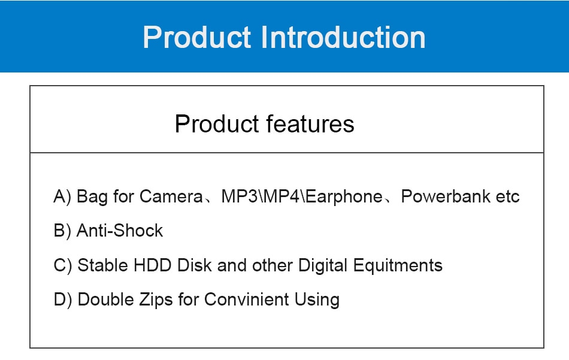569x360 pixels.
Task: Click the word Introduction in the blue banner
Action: pos(343,37)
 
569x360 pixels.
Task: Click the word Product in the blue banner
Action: pos(196,37)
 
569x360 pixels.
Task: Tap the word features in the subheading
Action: pos(310,124)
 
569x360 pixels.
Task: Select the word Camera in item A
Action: pos(171,196)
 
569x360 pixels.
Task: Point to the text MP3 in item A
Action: pos(240,196)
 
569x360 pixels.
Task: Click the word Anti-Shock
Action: pos(120,231)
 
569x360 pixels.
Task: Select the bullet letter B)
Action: pos(62,231)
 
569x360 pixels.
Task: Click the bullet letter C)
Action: pos(63,265)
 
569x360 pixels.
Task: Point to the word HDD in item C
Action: pos(152,265)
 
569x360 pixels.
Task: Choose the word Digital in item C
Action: pos(323,266)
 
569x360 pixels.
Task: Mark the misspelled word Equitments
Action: pos(398,265)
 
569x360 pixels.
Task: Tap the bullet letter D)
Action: pos(63,300)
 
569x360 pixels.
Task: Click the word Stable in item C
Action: pos(102,265)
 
